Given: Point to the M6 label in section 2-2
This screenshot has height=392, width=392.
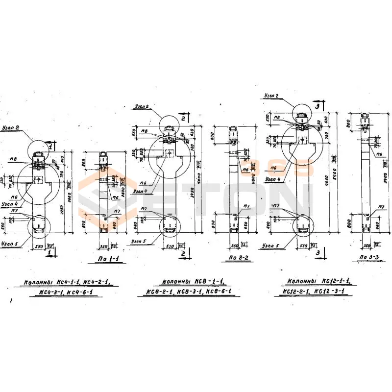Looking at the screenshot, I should click(246, 170).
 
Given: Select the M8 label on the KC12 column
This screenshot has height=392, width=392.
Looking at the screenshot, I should click(277, 118).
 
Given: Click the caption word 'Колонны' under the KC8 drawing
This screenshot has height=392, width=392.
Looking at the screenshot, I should click(177, 282).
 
